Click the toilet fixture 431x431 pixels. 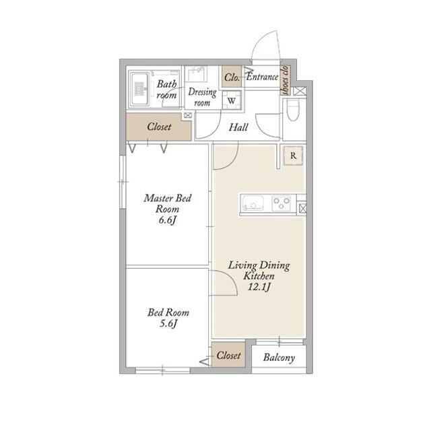293,110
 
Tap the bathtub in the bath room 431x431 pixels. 139,89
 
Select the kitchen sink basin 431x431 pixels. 253,203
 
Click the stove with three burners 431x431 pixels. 281,203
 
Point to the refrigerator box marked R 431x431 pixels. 293,156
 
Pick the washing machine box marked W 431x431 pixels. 232,100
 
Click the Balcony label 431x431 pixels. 279,358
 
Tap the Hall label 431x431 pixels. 238,127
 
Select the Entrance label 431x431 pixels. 262,77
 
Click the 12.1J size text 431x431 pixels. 259,287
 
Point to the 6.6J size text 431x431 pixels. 167,220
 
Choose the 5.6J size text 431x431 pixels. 168,324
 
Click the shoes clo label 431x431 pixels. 286,79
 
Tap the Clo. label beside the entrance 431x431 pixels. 232,77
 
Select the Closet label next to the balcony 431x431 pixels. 228,355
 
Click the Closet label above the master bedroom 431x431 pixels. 159,127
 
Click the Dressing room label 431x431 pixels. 202,97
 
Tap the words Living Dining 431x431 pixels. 259,265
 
